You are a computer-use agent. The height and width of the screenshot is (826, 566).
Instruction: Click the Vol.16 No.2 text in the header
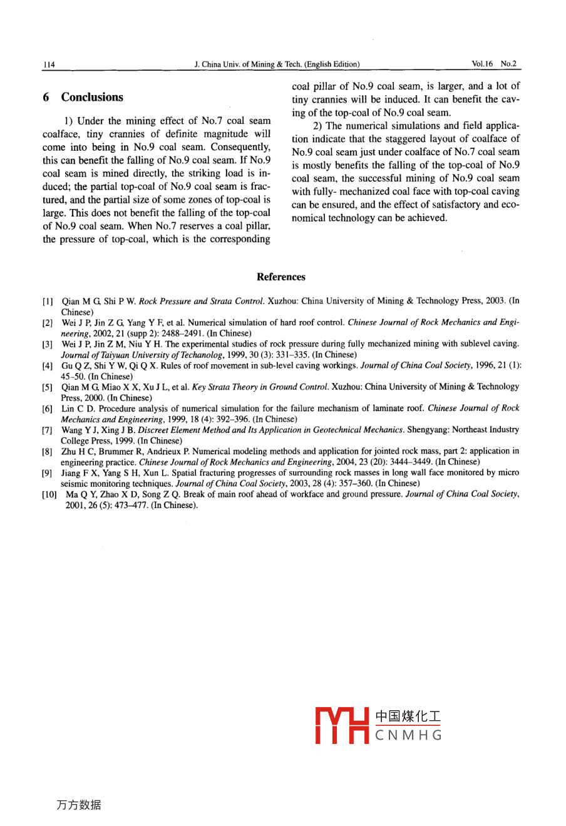pyautogui.click(x=494, y=64)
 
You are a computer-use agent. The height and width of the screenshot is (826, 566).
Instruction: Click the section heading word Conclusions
pyautogui.click(x=92, y=97)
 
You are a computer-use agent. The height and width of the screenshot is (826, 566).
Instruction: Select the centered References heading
pyautogui.click(x=281, y=277)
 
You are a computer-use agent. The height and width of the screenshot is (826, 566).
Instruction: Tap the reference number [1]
pyautogui.click(x=48, y=302)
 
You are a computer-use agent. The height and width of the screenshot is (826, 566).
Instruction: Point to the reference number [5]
pyautogui.click(x=48, y=387)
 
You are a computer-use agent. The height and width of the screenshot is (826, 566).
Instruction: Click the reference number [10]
pyautogui.click(x=49, y=494)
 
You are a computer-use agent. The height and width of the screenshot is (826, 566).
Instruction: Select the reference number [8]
pyautogui.click(x=48, y=452)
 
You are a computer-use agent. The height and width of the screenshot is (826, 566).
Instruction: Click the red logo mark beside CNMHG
pyautogui.click(x=342, y=726)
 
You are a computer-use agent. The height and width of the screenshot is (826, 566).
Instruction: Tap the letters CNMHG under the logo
pyautogui.click(x=408, y=735)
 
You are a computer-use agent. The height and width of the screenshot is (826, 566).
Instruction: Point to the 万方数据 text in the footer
pyautogui.click(x=79, y=805)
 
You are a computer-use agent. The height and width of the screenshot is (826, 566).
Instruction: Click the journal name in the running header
pyautogui.click(x=277, y=64)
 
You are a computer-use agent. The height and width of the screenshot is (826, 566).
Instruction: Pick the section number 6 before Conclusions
pyautogui.click(x=46, y=97)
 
